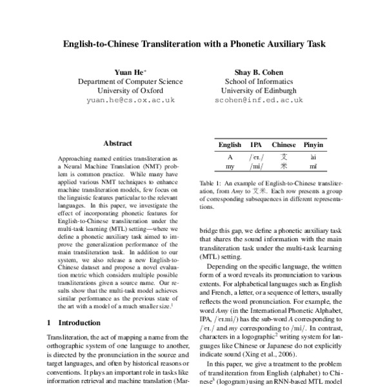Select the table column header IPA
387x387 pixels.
tap(256, 145)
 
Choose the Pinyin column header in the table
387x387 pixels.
tap(313, 145)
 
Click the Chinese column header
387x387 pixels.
tap(284, 145)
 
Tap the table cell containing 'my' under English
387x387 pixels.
tap(230, 166)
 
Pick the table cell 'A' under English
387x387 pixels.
tap(230, 156)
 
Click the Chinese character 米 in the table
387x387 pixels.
tap(284, 166)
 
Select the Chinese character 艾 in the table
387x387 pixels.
tap(284, 156)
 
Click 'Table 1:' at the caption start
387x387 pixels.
tap(210, 183)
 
